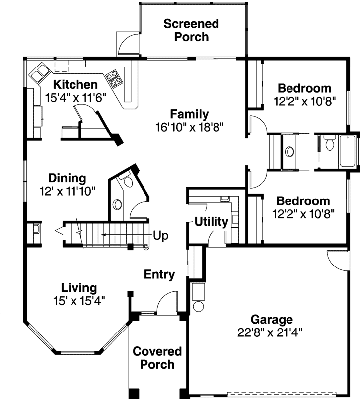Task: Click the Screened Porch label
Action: point(191,30)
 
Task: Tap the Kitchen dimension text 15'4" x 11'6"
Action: point(75,97)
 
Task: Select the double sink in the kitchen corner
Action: point(38,73)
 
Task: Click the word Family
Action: point(189,114)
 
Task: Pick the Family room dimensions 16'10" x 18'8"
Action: point(190,126)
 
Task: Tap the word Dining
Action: point(67,178)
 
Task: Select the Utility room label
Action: point(211,221)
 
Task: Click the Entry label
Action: point(159,274)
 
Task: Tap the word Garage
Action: point(271,319)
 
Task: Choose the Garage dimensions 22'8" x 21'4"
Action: point(271,332)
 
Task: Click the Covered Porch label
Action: point(157,358)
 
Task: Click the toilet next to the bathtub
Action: point(329,144)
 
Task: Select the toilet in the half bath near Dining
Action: point(128,182)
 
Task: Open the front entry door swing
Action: point(167,302)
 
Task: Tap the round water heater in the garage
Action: point(199,306)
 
